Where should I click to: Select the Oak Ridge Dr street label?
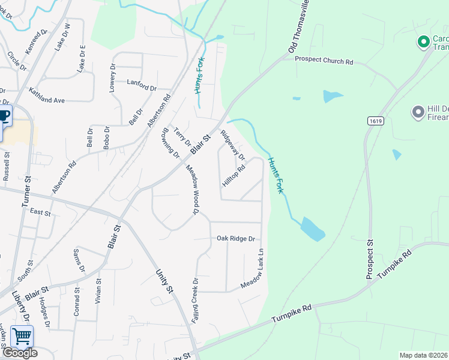[x=236, y=238]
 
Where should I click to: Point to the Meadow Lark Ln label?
[x=253, y=268]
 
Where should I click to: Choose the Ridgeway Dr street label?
[x=233, y=145]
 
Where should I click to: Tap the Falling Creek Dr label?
[x=195, y=302]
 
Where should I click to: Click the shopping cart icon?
[x=22, y=337]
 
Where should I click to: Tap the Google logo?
[x=19, y=353]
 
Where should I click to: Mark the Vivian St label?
[x=98, y=290]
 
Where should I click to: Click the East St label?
[x=40, y=212]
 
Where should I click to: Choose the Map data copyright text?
[x=424, y=355]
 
